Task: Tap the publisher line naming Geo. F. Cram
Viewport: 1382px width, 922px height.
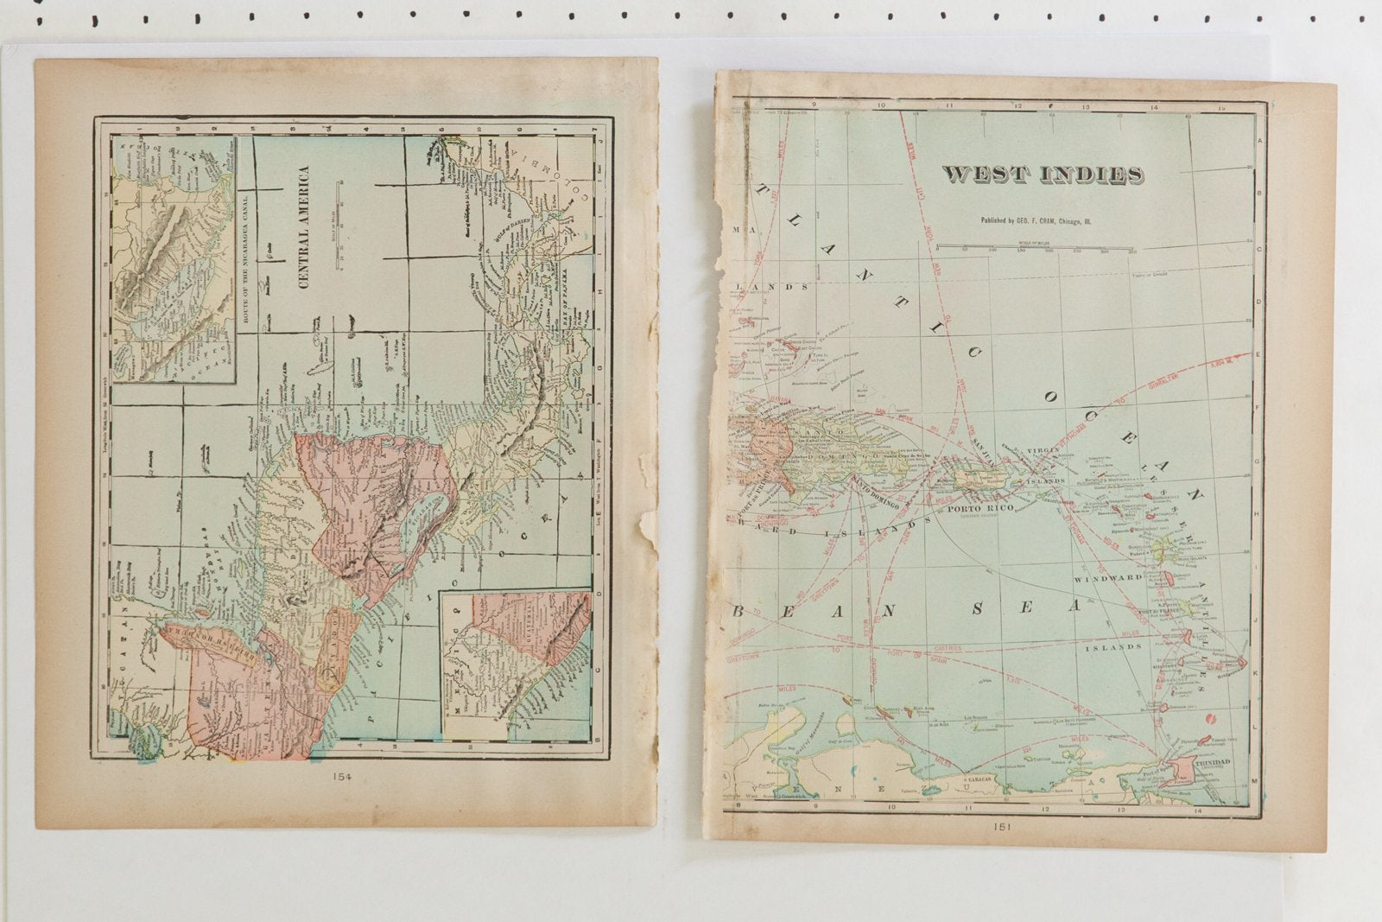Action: pyautogui.click(x=1043, y=221)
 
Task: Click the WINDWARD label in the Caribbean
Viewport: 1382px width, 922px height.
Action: pyautogui.click(x=1108, y=576)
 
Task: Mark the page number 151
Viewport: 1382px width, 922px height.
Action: pyautogui.click(x=1003, y=826)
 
